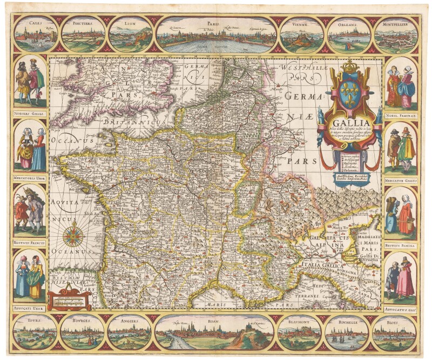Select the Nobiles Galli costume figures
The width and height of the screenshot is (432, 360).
pyautogui.click(x=30, y=81)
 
